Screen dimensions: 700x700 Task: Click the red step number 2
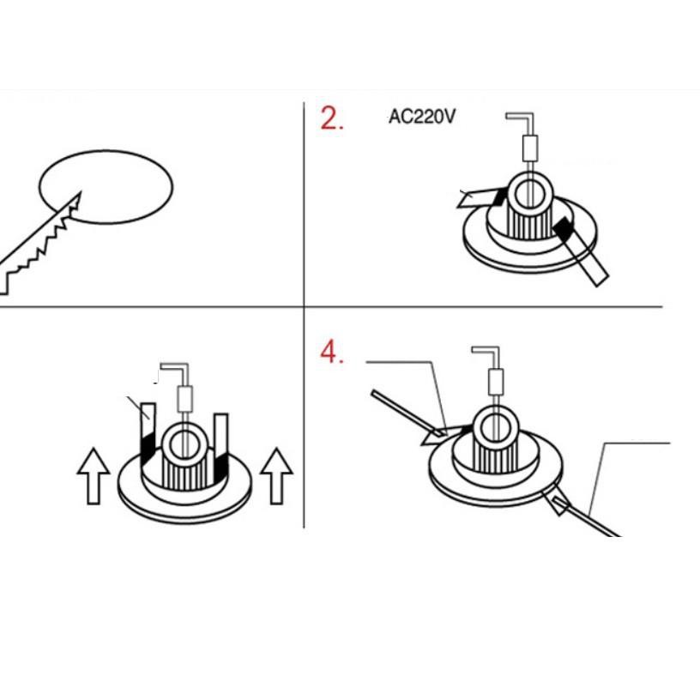pos(330,118)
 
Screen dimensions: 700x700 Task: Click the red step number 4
pos(331,352)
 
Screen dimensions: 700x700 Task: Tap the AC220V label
pos(421,116)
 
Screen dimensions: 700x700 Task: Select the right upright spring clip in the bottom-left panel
pos(220,442)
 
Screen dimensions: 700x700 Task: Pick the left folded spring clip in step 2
pos(480,199)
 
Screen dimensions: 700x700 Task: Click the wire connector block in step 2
pos(528,147)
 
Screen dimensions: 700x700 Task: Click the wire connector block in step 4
pos(496,380)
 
